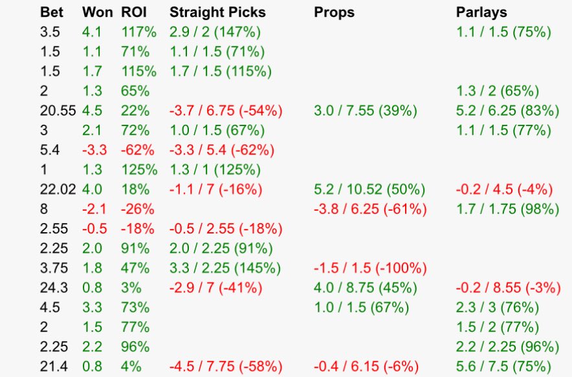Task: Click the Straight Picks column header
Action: coord(217,12)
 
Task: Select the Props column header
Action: coord(334,12)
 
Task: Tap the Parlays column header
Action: coord(481,12)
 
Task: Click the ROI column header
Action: coord(134,12)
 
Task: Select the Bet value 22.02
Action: coord(58,189)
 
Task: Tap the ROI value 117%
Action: coord(137,32)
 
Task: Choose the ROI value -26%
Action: coord(137,209)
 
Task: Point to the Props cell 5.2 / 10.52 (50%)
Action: coord(369,189)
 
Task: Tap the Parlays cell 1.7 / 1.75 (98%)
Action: coord(507,209)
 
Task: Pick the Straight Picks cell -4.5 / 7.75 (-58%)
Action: coord(226,366)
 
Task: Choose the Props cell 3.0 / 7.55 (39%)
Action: coord(365,111)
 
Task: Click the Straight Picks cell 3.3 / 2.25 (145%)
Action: coord(225,268)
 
